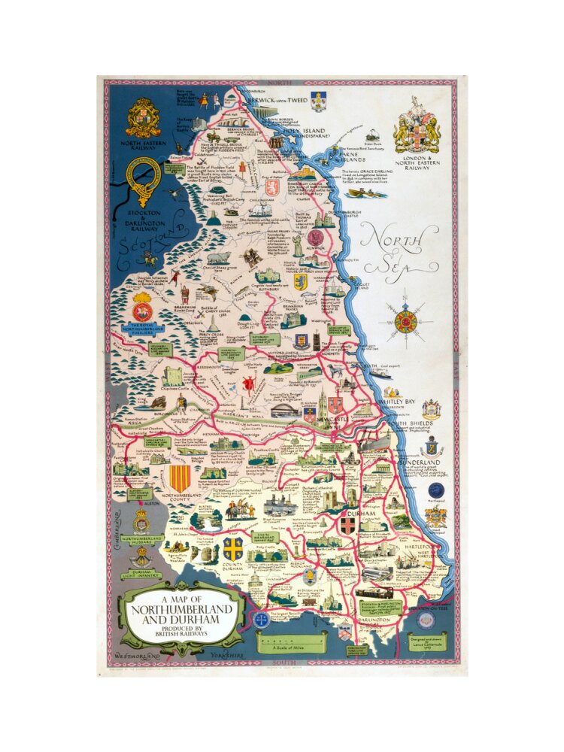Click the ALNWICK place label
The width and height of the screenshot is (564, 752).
(318, 253)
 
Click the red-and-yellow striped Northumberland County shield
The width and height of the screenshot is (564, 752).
(178, 479)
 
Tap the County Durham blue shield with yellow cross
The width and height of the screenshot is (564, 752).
(232, 547)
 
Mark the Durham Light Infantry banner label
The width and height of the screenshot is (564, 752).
(142, 572)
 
